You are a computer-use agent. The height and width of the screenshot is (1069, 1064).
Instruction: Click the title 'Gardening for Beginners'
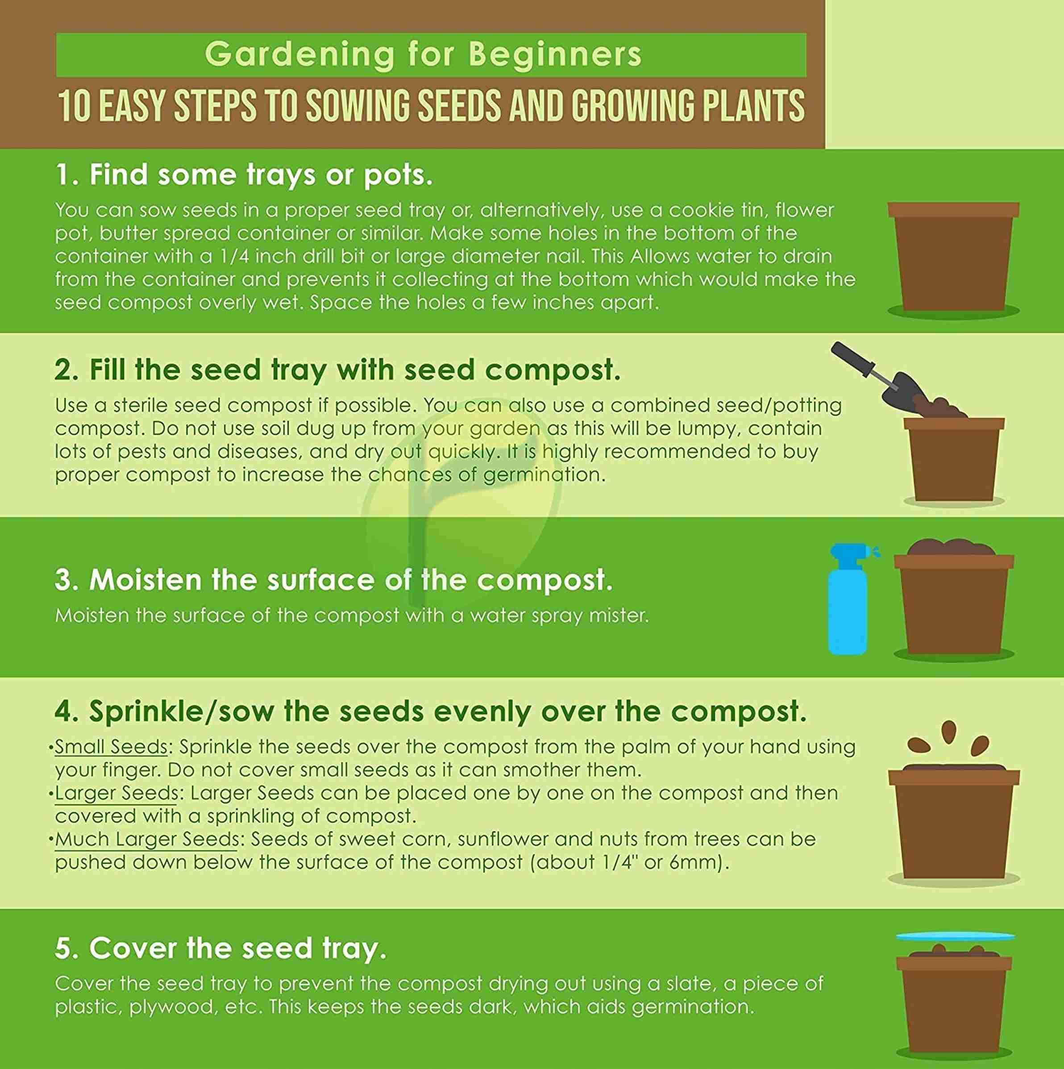423,54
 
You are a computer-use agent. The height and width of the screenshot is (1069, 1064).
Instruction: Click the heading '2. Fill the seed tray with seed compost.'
337,370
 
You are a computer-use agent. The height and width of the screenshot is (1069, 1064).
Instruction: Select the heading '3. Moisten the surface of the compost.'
334,580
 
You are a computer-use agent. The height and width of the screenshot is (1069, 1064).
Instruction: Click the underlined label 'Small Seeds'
111,747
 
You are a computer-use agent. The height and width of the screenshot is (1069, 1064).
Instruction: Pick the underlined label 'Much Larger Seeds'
147,840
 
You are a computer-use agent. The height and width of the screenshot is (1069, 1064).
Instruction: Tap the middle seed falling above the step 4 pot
949,730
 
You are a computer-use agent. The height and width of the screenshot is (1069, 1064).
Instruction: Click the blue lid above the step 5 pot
956,937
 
